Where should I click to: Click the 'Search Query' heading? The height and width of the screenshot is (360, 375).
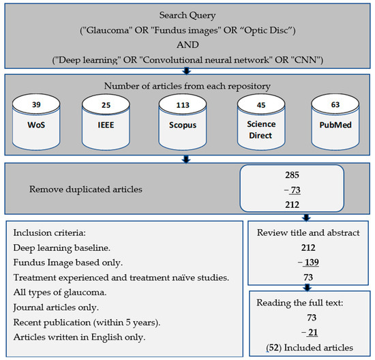(x=187, y=14)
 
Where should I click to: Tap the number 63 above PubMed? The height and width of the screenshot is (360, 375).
(x=334, y=105)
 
